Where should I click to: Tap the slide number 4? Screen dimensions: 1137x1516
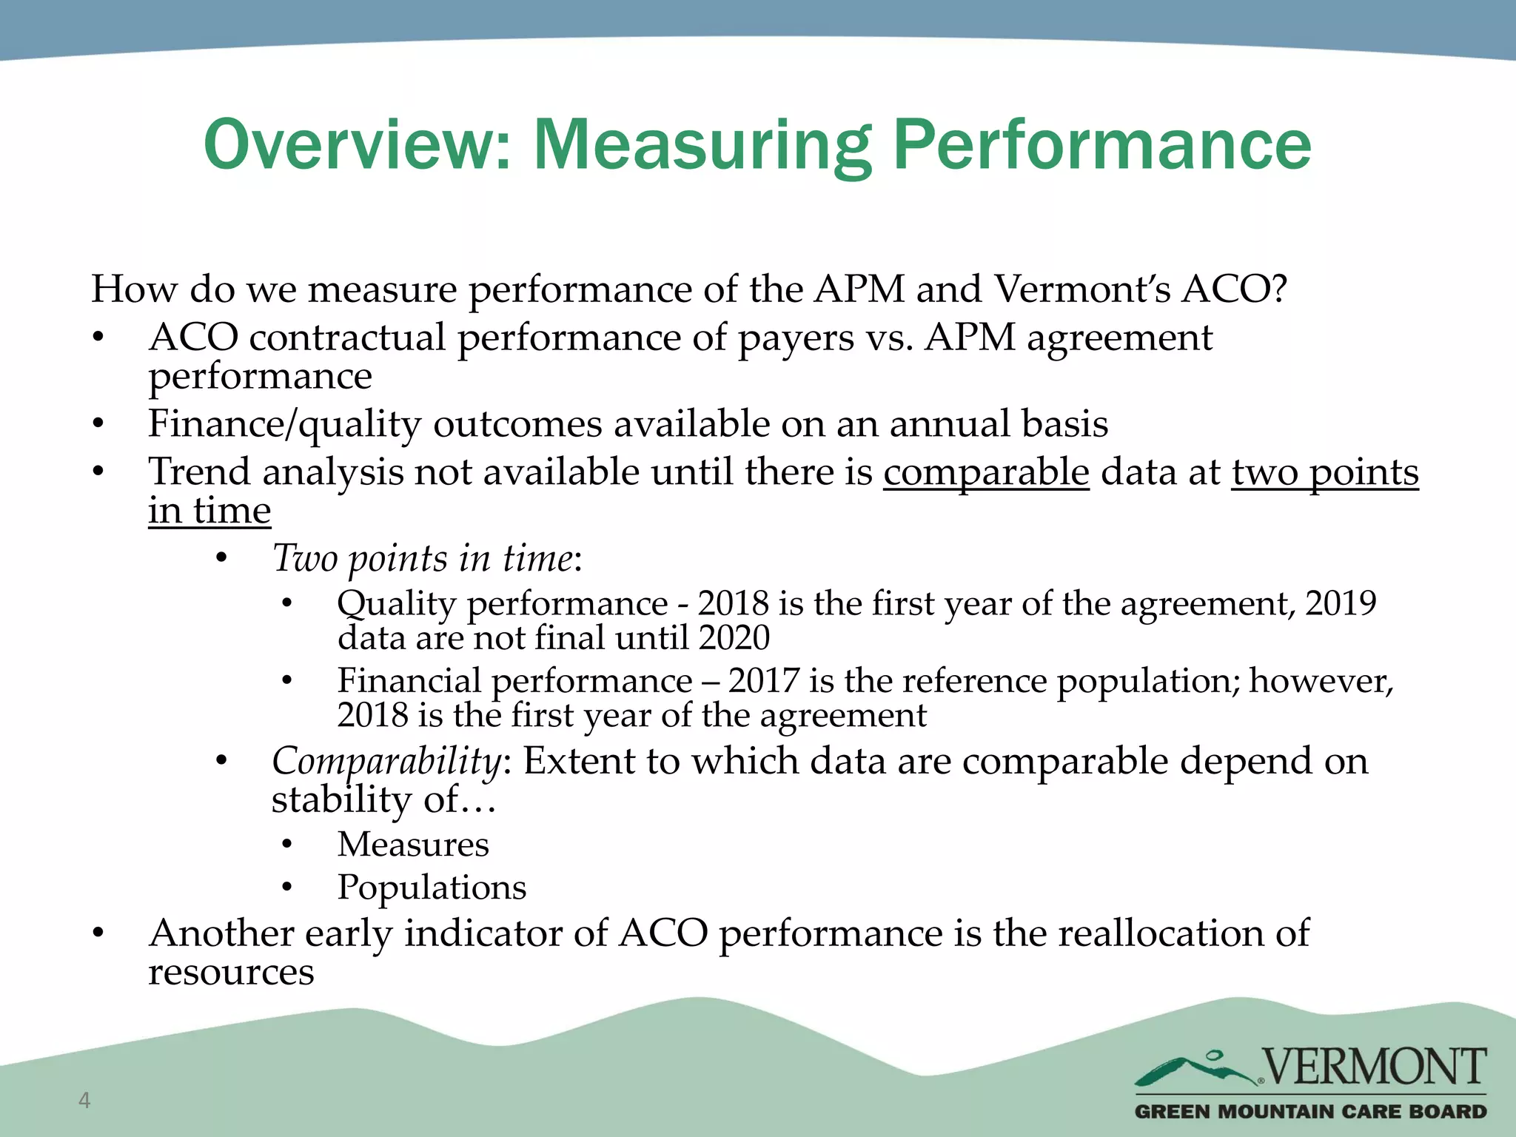pyautogui.click(x=84, y=1100)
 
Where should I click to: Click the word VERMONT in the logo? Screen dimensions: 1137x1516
pyautogui.click(x=1374, y=1067)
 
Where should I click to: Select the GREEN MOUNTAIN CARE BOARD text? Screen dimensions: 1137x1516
pyautogui.click(x=1310, y=1111)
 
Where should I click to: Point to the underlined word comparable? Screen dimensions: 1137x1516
pyautogui.click(x=986, y=472)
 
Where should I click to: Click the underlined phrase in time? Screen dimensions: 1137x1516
pyautogui.click(x=209, y=511)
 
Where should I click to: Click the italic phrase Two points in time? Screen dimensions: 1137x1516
pyautogui.click(x=423, y=558)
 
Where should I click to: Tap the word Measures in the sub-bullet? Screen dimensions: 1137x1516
pyautogui.click(x=413, y=845)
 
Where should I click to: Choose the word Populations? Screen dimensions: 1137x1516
pyautogui.click(x=432, y=888)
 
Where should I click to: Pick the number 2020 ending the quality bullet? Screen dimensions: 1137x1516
pyautogui.click(x=734, y=638)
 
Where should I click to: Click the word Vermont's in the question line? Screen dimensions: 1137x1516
pyautogui.click(x=1081, y=289)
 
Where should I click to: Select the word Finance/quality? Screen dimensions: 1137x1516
pyautogui.click(x=284, y=424)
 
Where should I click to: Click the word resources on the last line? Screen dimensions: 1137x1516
pyautogui.click(x=231, y=972)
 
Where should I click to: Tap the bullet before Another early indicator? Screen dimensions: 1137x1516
pyautogui.click(x=98, y=933)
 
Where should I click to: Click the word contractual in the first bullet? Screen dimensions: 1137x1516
pyautogui.click(x=347, y=338)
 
